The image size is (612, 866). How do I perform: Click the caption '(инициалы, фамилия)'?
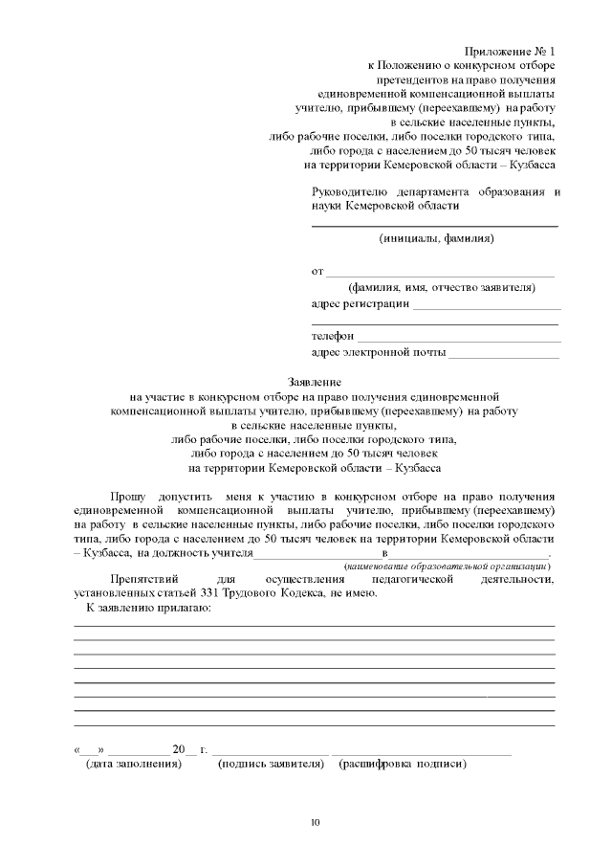click(436, 238)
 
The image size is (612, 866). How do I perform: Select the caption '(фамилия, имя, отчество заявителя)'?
click(441, 287)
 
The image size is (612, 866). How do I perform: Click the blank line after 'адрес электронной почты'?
click(504, 356)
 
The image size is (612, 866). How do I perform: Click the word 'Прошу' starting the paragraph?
click(128, 498)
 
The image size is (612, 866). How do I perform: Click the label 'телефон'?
click(332, 337)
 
